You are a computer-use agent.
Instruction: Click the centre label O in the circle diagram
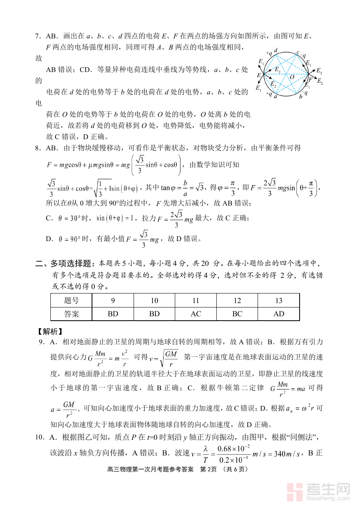(x=292, y=77)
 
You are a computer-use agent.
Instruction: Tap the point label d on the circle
(x=276, y=51)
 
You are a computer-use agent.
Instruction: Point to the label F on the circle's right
(x=310, y=80)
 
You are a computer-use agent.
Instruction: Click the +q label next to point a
(x=269, y=94)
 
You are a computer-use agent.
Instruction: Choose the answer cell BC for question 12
(x=237, y=314)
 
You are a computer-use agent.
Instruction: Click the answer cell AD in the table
(x=279, y=314)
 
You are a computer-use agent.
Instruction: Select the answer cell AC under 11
(x=196, y=314)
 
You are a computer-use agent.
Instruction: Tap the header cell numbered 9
(x=113, y=301)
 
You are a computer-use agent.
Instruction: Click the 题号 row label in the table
(x=72, y=301)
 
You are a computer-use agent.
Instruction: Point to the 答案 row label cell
(x=72, y=314)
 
